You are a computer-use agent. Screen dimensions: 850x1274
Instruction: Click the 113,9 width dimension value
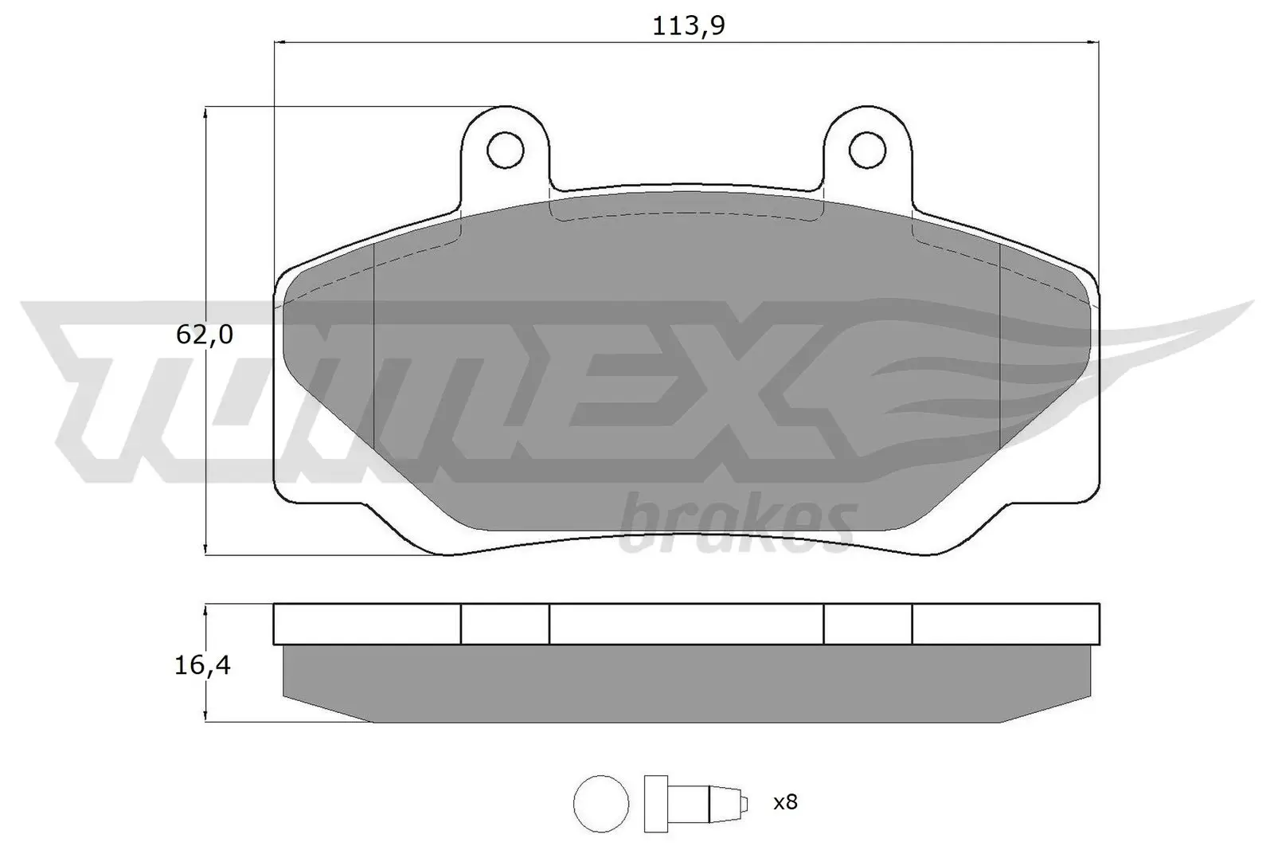tap(689, 27)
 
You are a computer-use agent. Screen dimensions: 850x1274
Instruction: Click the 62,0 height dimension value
tap(205, 335)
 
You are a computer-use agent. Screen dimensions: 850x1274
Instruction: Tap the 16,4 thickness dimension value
tap(203, 665)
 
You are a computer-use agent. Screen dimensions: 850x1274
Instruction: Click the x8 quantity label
tap(785, 802)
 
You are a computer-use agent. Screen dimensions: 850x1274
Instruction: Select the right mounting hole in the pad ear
tap(867, 149)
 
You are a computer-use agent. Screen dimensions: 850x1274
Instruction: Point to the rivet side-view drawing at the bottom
tap(693, 802)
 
